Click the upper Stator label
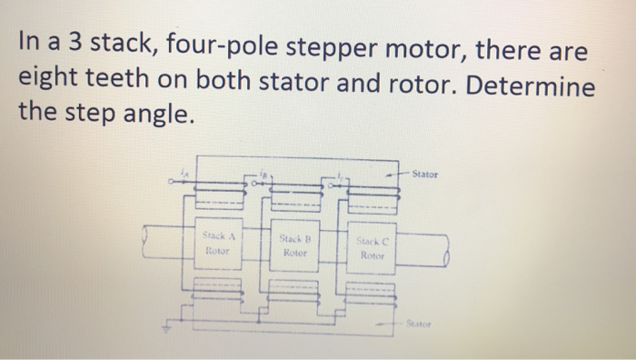click(425, 174)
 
